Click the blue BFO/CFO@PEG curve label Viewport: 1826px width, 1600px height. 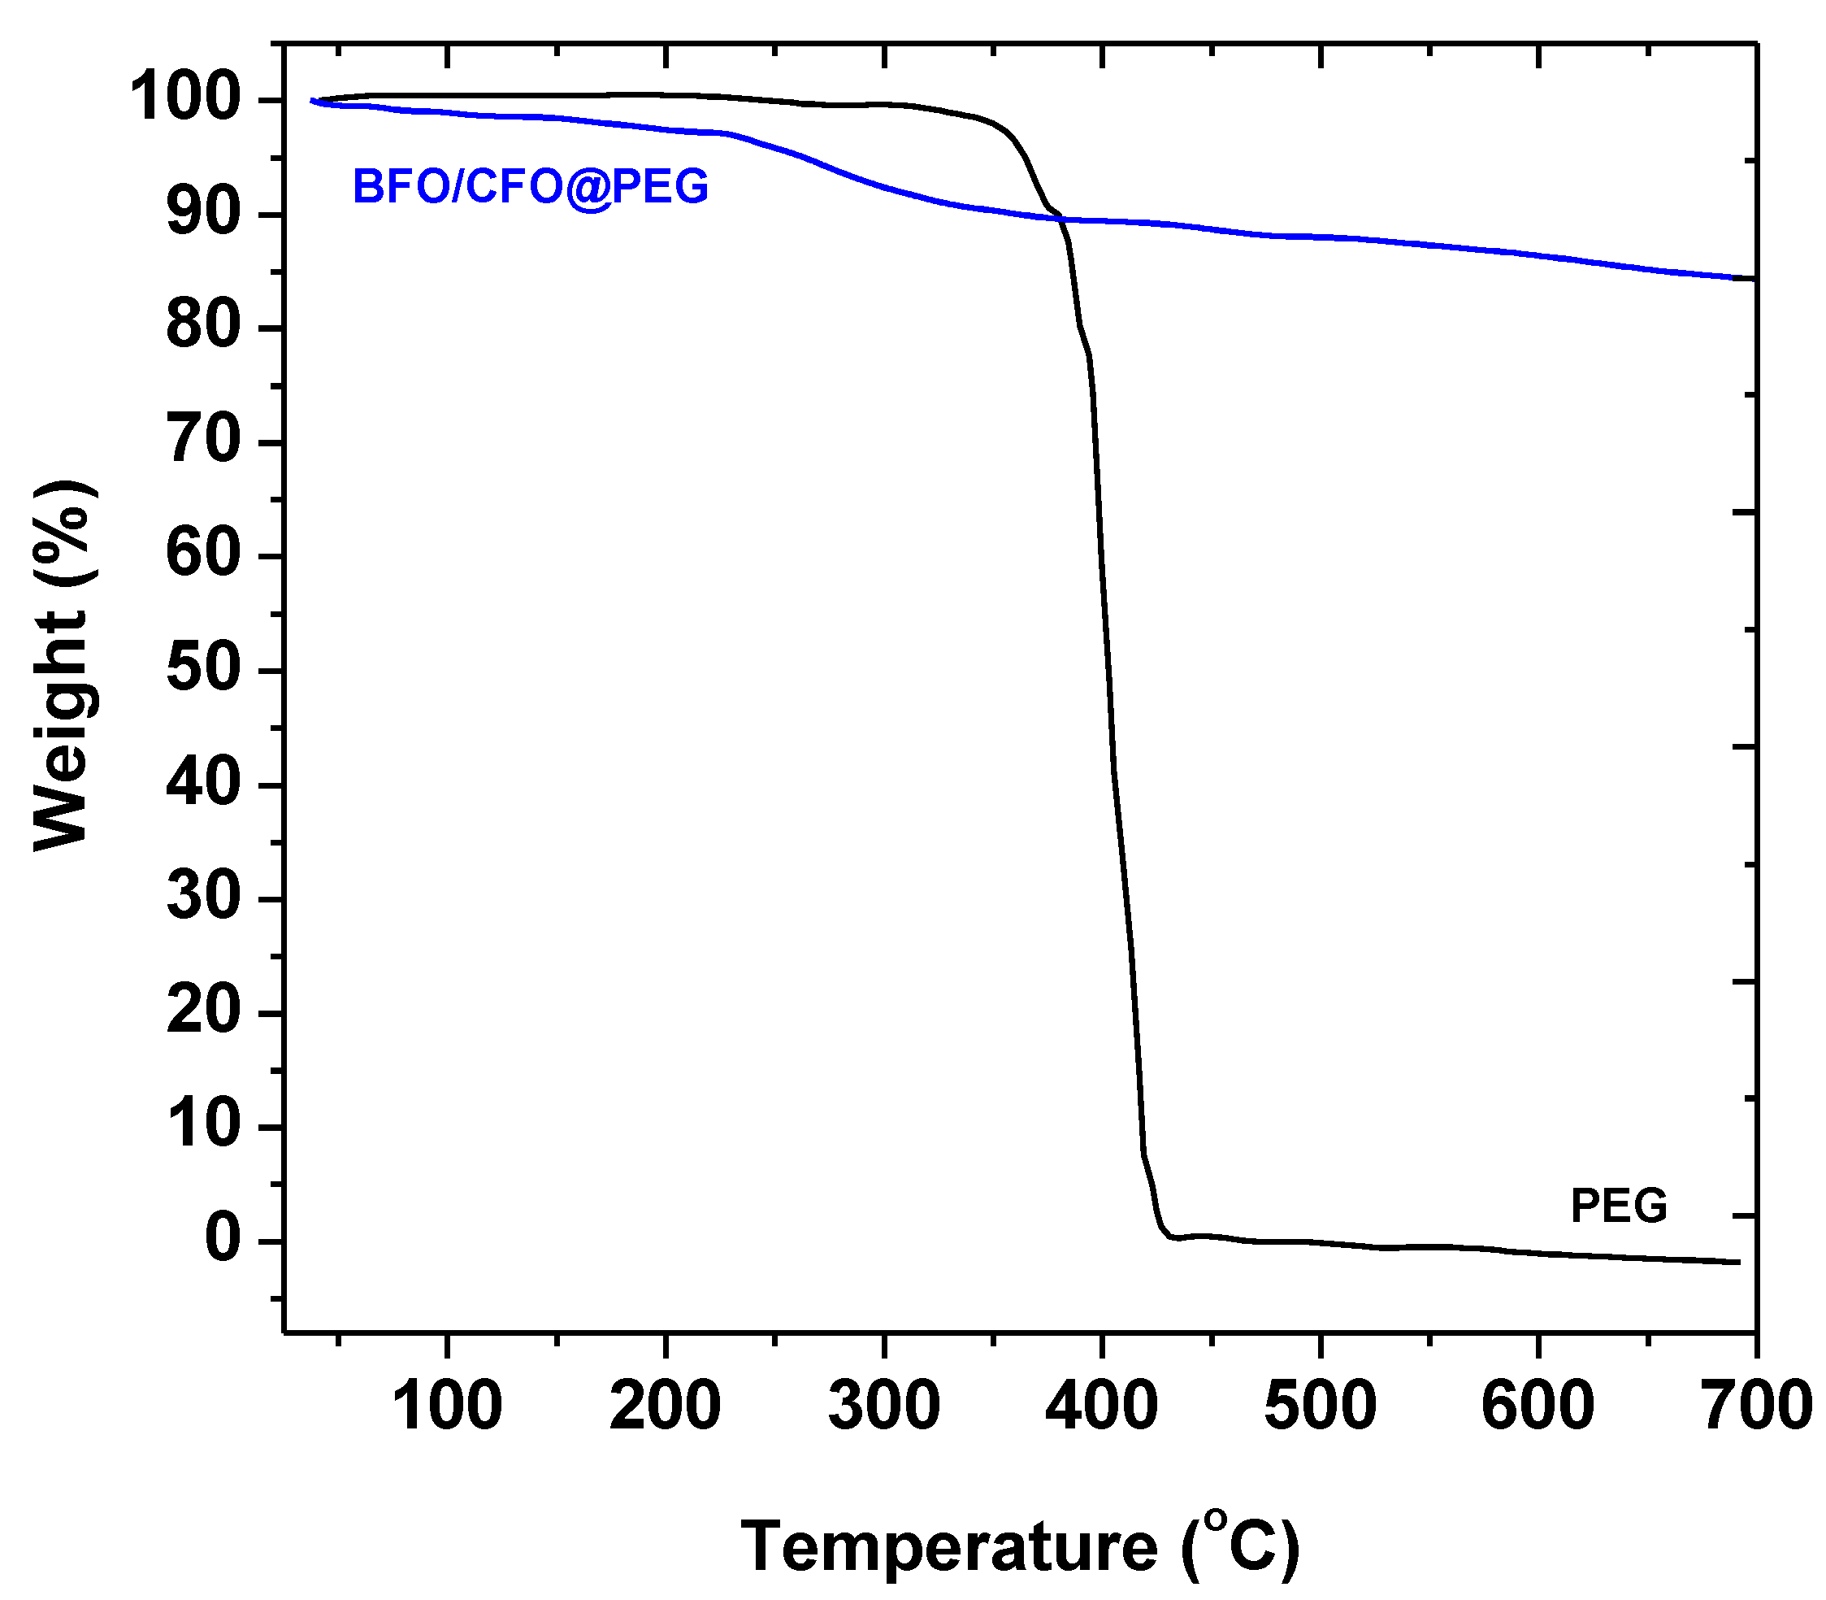(x=530, y=187)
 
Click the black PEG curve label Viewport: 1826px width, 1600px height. (x=1618, y=1206)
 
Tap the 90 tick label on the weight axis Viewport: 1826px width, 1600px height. (x=203, y=215)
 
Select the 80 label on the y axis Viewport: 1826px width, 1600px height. (x=203, y=328)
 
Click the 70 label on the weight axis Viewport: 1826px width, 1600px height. (x=203, y=442)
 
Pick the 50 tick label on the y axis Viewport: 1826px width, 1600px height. (x=203, y=670)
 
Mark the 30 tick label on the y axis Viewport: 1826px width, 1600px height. (x=203, y=898)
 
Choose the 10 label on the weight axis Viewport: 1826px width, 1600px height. (x=203, y=1126)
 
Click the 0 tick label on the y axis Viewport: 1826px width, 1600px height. (x=223, y=1240)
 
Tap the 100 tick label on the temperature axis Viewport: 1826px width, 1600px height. (x=446, y=1406)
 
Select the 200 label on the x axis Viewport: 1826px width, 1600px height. (x=665, y=1406)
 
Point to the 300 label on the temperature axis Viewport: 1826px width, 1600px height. (x=883, y=1406)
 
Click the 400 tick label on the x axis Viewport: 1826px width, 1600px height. (x=1102, y=1406)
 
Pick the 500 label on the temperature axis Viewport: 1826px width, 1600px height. (x=1320, y=1406)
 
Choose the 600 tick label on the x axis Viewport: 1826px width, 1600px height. (x=1538, y=1406)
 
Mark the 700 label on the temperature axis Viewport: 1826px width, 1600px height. (x=1756, y=1406)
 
